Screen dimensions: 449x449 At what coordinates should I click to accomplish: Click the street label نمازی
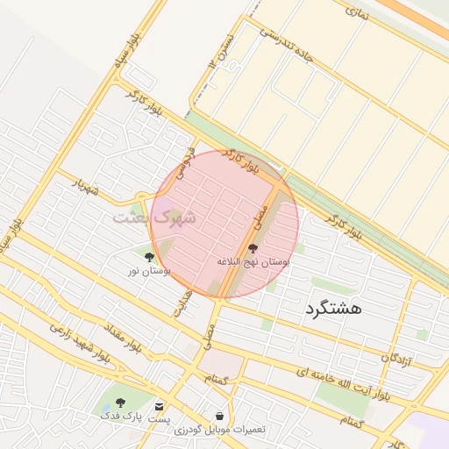tap(359, 13)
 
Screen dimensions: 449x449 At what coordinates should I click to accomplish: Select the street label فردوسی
tap(183, 160)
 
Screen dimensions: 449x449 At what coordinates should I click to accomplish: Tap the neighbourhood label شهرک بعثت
tap(154, 217)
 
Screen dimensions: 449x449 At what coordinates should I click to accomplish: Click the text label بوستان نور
tap(149, 273)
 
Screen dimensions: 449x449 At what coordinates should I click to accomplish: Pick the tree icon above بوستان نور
tap(149, 258)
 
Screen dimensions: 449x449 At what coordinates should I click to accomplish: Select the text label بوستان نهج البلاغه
tap(254, 261)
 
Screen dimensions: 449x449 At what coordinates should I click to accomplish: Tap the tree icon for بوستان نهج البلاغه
tap(253, 248)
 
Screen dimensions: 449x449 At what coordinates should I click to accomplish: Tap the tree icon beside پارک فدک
tap(120, 403)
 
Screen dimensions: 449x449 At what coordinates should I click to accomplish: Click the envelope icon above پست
tap(159, 406)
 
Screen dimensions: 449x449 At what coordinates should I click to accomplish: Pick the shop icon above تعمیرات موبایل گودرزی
tap(218, 415)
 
